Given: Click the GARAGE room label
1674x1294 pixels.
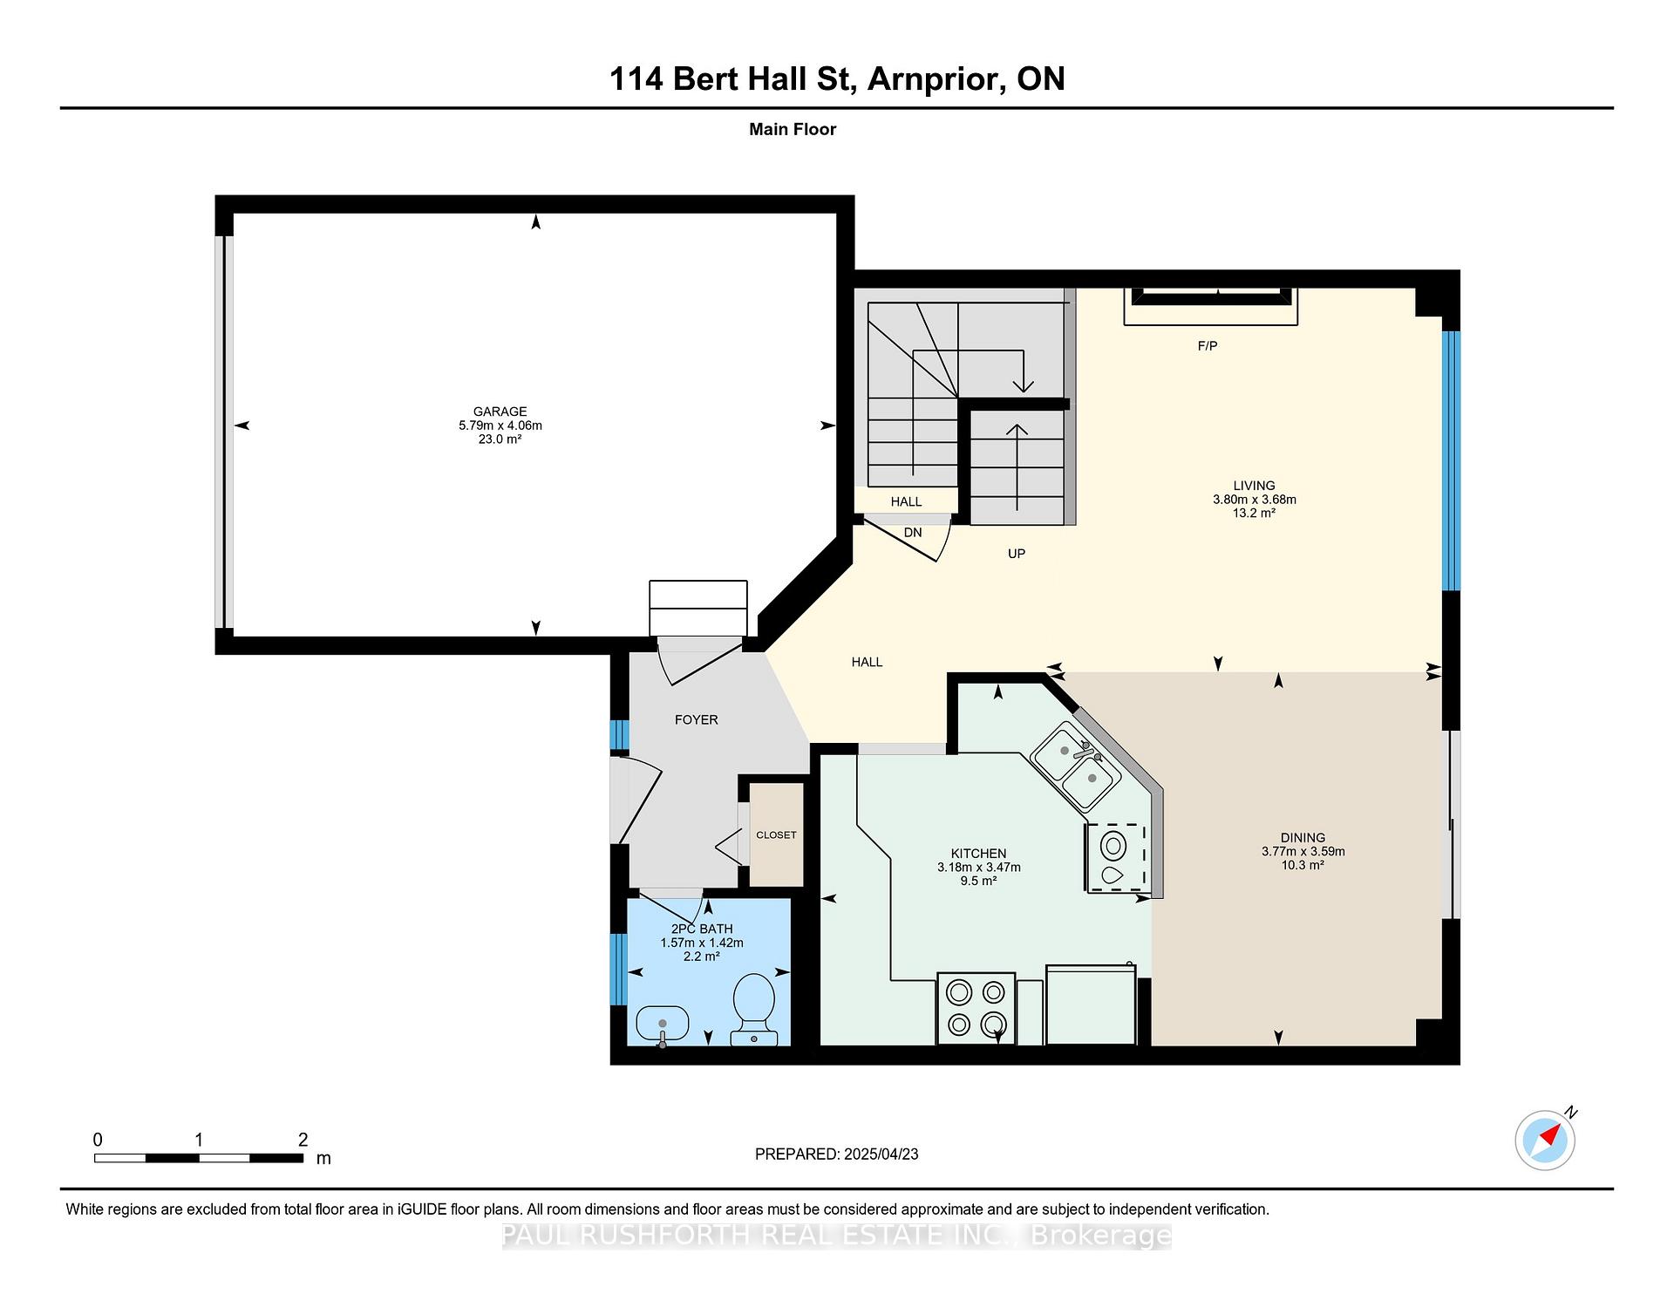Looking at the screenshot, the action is pos(500,412).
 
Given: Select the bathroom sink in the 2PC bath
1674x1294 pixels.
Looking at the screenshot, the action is pos(662,1024).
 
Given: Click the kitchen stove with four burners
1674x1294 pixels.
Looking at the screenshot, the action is pos(976,1008).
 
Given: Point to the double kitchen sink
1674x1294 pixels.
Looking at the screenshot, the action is pos(1076,765).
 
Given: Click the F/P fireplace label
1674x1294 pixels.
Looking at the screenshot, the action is pos(1208,346).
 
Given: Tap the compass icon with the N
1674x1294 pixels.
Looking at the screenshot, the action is pos(1546,1139).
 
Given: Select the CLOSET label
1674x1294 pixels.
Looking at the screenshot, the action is pos(776,834).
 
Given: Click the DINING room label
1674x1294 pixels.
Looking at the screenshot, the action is pos(1303,837).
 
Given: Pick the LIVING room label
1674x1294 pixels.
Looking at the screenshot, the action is pos(1254,486).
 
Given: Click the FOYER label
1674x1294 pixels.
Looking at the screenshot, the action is pos(697,719).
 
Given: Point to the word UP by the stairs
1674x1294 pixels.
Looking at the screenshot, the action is pos(1017,554).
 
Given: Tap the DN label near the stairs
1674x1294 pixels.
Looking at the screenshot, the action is pos(913,533).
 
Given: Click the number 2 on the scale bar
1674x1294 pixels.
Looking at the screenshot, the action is pos(303,1140).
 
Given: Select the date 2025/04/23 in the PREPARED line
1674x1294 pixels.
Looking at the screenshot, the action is pos(881,1154).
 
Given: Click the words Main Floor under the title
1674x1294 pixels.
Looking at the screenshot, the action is pos(793,129).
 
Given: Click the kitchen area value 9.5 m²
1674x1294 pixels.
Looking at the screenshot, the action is pos(978,882).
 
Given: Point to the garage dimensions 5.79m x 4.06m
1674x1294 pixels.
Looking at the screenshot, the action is pos(500,426).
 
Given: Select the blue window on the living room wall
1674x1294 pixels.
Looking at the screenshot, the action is pos(1451,461).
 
